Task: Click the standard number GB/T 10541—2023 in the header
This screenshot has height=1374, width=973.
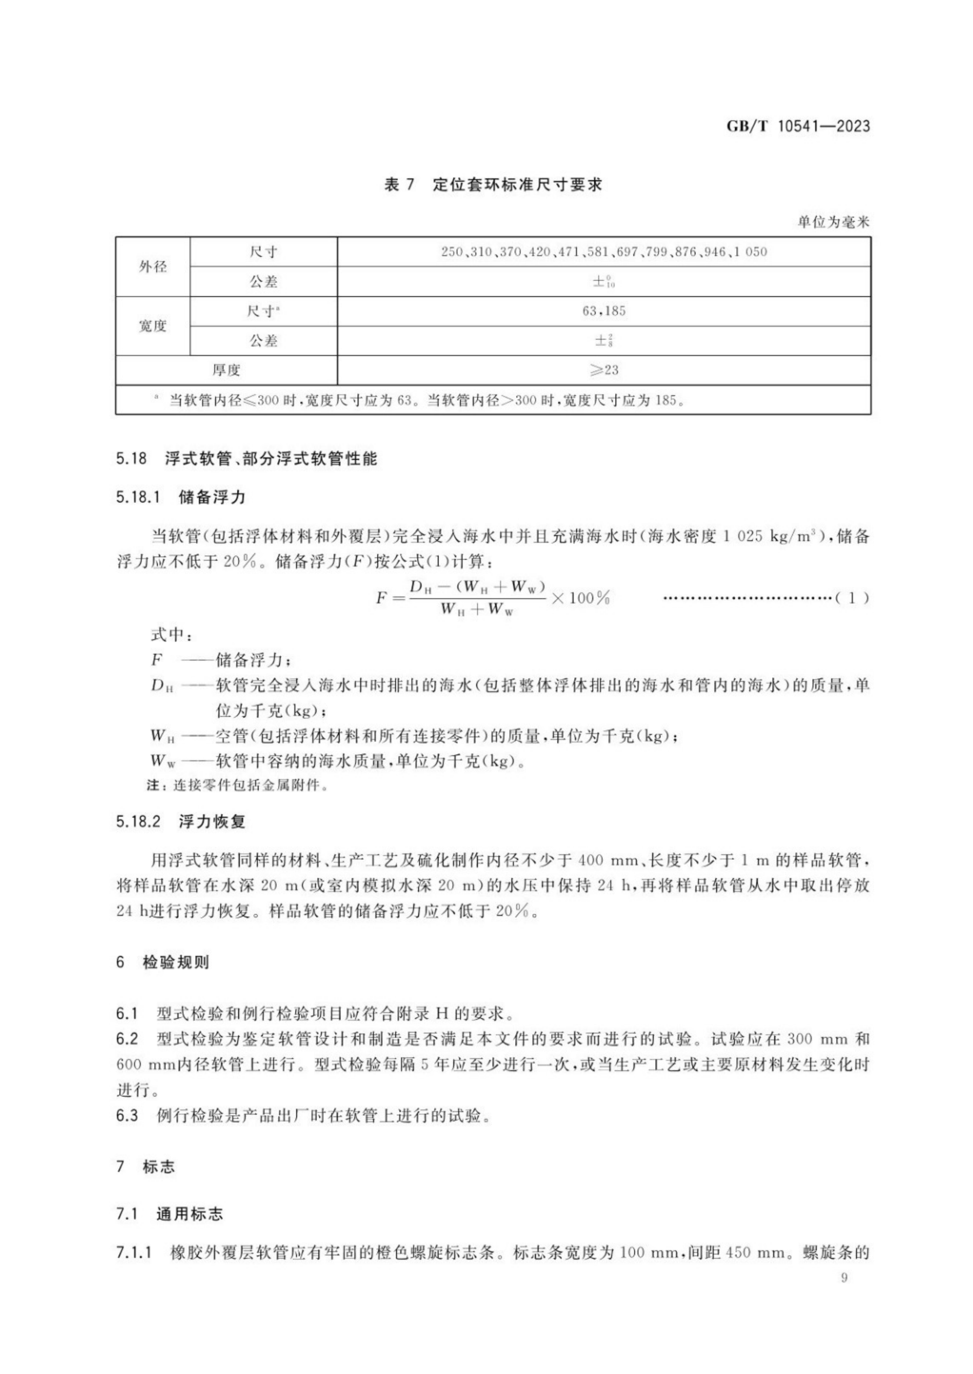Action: point(797,127)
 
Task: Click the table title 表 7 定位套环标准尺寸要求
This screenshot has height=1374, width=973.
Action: point(492,184)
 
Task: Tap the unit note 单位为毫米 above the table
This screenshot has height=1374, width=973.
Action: point(832,222)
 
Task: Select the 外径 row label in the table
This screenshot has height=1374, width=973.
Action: point(153,267)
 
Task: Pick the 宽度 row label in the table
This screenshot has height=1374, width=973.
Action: point(153,326)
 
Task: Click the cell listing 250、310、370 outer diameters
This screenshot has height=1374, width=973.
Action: point(603,252)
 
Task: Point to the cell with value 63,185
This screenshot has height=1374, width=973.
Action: point(603,311)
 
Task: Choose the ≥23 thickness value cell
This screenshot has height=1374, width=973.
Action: point(603,370)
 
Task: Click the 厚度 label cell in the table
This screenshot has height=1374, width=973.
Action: point(227,370)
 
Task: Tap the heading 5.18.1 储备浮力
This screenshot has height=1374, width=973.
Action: point(181,497)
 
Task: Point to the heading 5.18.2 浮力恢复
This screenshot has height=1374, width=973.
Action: point(181,821)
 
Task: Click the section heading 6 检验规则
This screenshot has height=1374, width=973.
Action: point(162,962)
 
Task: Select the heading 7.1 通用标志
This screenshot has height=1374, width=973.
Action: point(170,1214)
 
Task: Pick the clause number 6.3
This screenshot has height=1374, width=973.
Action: point(127,1116)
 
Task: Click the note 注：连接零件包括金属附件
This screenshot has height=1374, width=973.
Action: point(238,785)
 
